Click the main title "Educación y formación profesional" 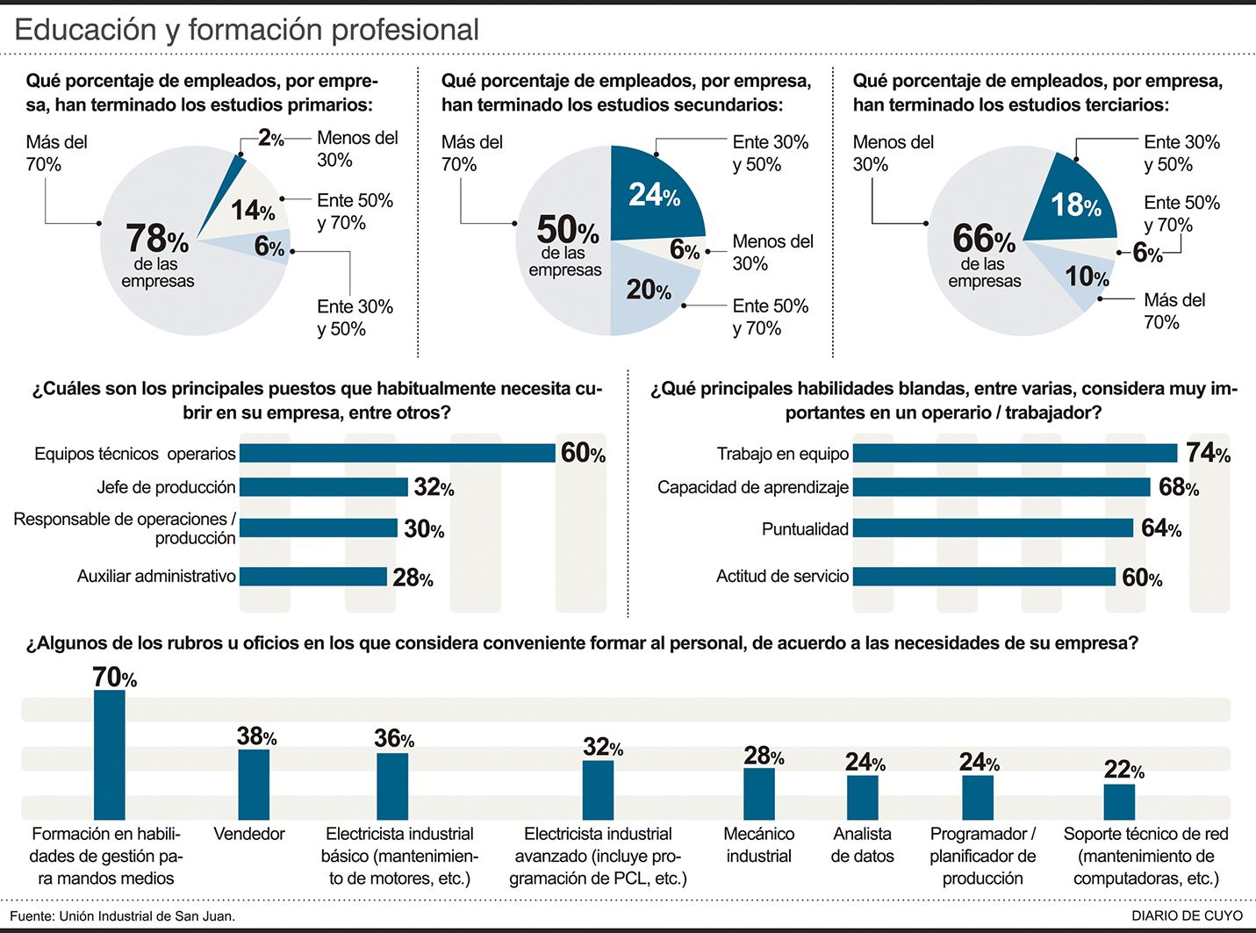[247, 30]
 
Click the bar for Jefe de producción [324, 486]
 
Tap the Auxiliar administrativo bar [313, 577]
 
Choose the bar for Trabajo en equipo [1015, 453]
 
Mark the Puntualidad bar [993, 528]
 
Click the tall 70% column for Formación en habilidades [110, 755]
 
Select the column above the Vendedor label [255, 784]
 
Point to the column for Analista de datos [863, 798]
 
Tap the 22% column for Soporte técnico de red [1119, 801]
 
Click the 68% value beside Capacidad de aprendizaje [1178, 487]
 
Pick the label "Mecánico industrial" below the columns [758, 844]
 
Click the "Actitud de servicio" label [782, 577]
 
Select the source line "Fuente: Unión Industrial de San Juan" [123, 916]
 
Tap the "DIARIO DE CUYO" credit [1187, 916]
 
